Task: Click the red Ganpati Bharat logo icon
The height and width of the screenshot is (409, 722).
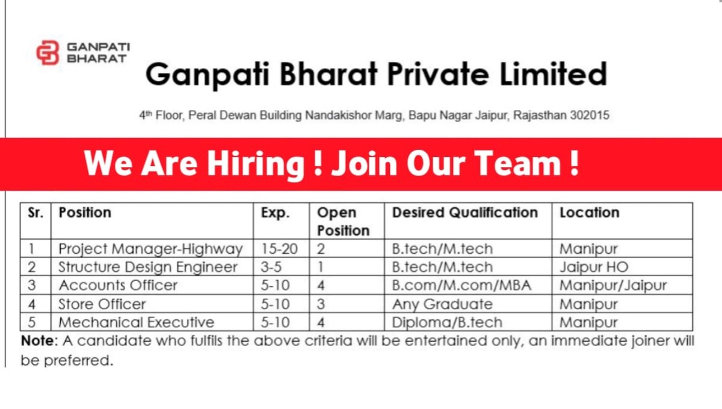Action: [48, 52]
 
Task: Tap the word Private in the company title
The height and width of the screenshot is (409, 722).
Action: [438, 75]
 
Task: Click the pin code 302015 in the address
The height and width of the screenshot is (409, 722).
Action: [590, 115]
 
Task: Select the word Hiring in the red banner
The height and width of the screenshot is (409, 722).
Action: [256, 164]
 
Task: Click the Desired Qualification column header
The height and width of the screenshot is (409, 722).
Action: [464, 213]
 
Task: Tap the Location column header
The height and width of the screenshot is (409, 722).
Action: [590, 213]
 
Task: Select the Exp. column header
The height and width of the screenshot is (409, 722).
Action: [276, 214]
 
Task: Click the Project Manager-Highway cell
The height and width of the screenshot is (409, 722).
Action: [150, 249]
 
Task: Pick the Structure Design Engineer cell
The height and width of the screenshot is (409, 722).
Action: [148, 267]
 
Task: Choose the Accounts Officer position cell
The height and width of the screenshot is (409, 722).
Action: [118, 285]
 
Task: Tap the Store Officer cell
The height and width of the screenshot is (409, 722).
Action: [102, 304]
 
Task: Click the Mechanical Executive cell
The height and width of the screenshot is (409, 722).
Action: [137, 322]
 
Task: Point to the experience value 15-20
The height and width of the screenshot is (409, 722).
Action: [279, 249]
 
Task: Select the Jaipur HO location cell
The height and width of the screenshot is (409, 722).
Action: [594, 267]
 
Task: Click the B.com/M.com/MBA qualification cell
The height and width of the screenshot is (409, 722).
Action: [461, 285]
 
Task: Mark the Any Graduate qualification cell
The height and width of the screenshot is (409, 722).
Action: [442, 304]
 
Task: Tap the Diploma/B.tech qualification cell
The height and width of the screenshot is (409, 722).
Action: [447, 322]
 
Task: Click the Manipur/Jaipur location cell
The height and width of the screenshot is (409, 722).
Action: [613, 286]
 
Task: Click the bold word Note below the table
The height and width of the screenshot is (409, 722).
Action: [37, 340]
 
